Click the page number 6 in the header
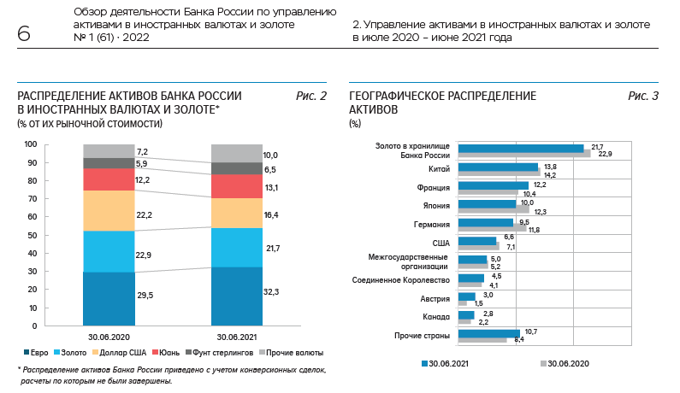coord(23,35)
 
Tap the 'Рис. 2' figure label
coord(311,97)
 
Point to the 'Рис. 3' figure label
coord(643,97)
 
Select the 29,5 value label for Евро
coord(145,294)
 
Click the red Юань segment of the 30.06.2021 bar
coord(237,186)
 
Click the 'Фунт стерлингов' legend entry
coord(222,352)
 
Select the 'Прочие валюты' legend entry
coord(294,352)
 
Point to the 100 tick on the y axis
coord(31,144)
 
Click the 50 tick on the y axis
coord(33,235)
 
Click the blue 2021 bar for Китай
coord(498,167)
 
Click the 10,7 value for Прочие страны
coord(529,331)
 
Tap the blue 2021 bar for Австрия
coord(466,296)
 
